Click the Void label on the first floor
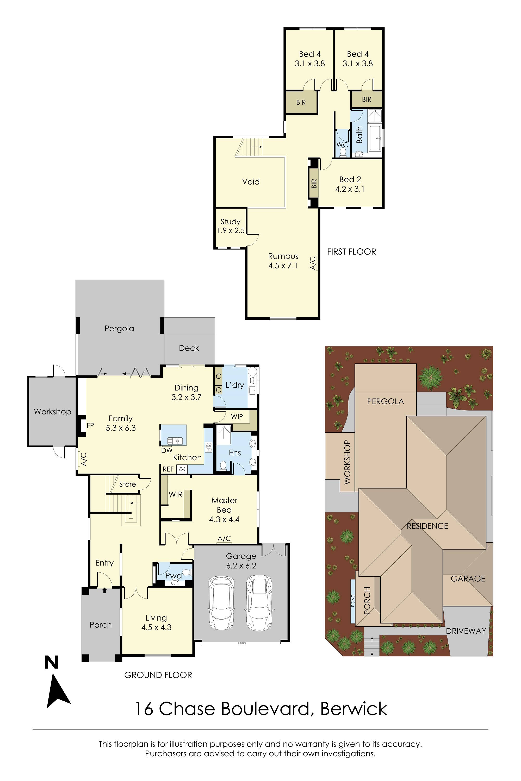point(251,182)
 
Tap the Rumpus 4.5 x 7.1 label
point(283,261)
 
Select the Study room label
point(231,226)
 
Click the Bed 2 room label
point(350,184)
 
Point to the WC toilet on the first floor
point(343,152)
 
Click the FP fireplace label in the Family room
point(90,425)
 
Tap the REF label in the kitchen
point(168,469)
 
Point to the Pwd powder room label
point(173,575)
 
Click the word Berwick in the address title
point(353,709)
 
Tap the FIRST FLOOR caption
point(351,252)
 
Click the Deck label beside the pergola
point(189,348)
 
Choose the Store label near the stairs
point(128,484)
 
